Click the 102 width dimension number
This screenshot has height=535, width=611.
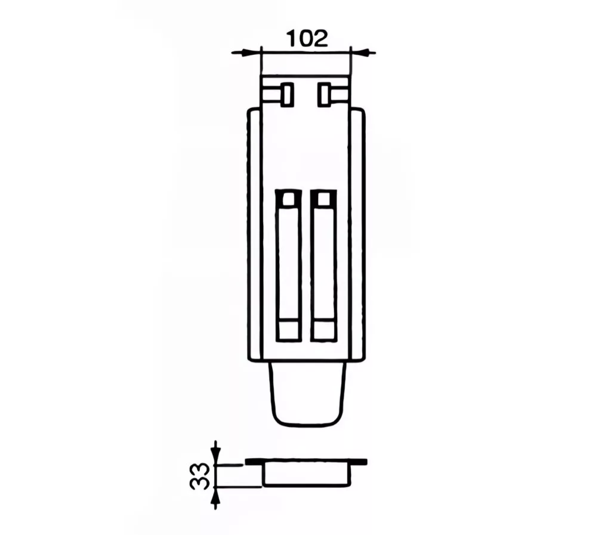coord(307,39)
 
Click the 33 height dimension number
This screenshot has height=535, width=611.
coord(199,475)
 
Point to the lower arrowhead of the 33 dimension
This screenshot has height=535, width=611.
coord(215,496)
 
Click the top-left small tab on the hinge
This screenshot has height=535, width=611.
coord(286,94)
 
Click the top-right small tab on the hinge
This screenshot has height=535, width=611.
coord(324,94)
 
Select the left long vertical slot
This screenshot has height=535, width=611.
coord(289,265)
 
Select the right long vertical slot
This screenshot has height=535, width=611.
coord(323,265)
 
